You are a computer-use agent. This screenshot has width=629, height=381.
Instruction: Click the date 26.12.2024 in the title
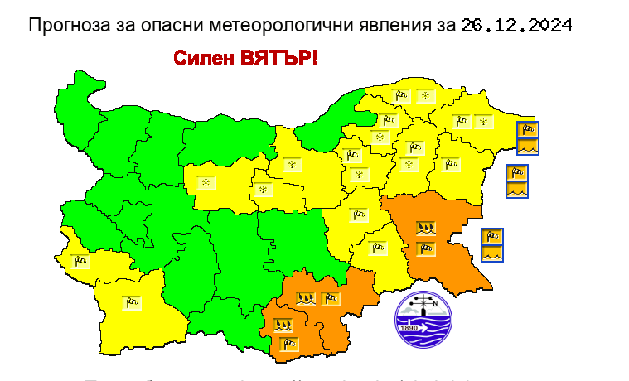pyautogui.click(x=516, y=25)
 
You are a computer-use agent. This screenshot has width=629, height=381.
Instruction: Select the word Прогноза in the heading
pyautogui.click(x=64, y=25)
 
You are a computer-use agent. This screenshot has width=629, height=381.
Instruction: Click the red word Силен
pyautogui.click(x=204, y=59)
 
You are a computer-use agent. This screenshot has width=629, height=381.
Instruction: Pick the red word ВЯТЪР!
pyautogui.click(x=279, y=59)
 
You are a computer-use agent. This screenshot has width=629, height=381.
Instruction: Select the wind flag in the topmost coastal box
pyautogui.click(x=527, y=129)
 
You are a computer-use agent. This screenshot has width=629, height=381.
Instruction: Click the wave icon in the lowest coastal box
pyautogui.click(x=492, y=253)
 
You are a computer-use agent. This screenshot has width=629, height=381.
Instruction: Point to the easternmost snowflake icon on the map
pyautogui.click(x=482, y=122)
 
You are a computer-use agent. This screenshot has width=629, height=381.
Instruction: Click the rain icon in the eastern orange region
pyautogui.click(x=425, y=226)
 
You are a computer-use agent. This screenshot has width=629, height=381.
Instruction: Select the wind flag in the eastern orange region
pyautogui.click(x=425, y=248)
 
